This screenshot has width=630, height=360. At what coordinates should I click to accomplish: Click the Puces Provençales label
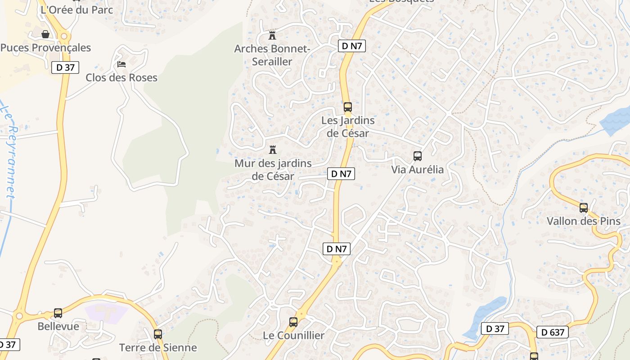(45, 48)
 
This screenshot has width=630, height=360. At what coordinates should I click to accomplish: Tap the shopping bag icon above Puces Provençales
(45, 34)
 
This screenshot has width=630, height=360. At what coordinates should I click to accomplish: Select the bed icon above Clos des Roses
(121, 64)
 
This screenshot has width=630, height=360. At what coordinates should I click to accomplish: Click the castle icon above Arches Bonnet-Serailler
(272, 35)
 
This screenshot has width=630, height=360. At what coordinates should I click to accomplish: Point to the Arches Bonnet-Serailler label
(272, 55)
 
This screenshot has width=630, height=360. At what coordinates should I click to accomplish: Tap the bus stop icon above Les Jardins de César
(347, 107)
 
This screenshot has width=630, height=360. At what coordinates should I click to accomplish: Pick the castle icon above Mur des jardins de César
(272, 149)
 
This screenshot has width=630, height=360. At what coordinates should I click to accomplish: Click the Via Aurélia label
(417, 170)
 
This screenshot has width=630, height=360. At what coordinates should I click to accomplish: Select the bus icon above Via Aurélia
(418, 156)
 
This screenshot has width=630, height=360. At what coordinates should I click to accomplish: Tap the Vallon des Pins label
(583, 221)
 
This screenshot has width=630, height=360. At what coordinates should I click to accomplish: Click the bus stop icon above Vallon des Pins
(584, 208)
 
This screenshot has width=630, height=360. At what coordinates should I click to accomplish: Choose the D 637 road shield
(553, 333)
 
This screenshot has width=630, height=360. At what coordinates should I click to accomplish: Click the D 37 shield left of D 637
(495, 329)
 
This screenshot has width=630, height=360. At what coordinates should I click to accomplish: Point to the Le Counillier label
(293, 335)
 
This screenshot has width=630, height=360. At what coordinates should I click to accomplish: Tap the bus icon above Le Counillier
(293, 322)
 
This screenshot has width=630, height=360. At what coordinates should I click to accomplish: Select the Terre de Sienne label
(158, 347)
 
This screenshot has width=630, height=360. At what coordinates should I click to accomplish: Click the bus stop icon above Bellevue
(58, 313)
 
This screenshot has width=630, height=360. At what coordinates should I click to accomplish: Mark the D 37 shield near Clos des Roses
(65, 67)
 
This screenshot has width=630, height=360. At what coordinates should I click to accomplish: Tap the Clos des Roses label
(121, 77)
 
